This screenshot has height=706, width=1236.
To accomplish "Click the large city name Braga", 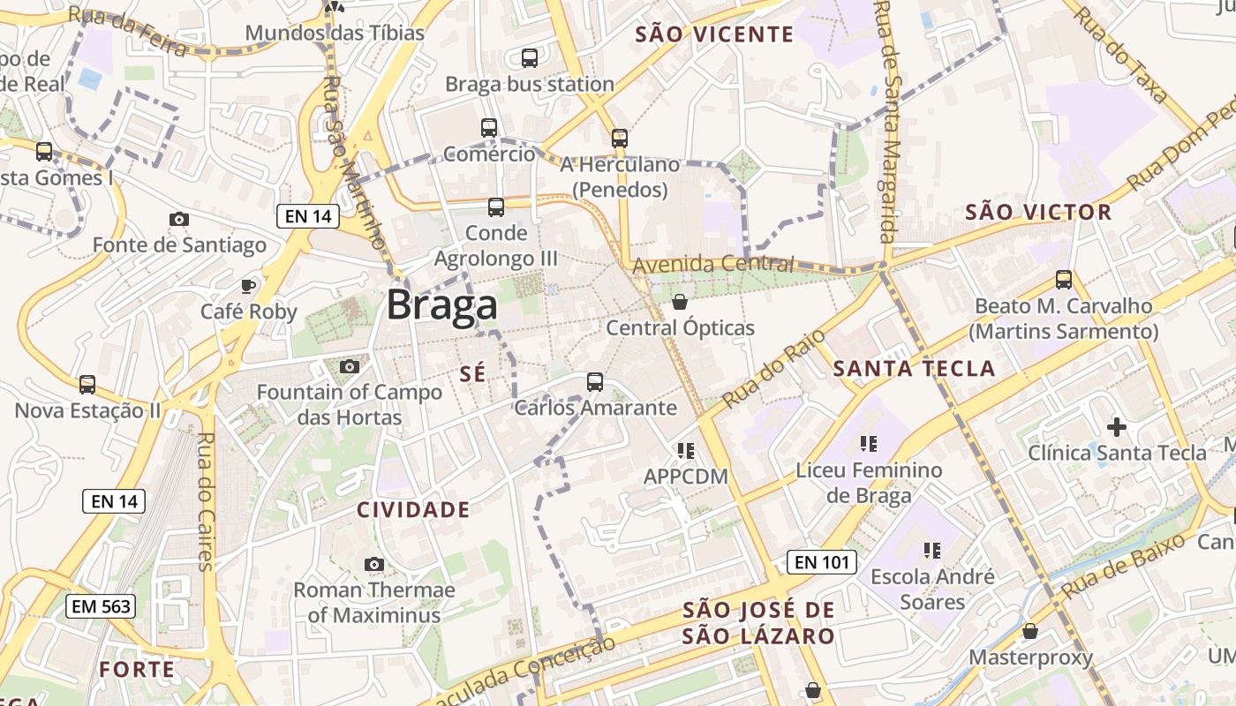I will click(441, 305).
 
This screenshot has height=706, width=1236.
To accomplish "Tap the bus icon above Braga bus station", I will click(530, 58).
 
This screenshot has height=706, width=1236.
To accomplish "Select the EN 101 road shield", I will click(821, 562).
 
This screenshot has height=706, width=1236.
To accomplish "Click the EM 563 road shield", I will click(102, 606).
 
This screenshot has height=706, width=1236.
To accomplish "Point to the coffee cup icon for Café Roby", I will click(248, 286).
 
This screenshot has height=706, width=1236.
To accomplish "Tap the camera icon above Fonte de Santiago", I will click(179, 219).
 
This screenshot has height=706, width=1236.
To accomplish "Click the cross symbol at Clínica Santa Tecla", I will click(1117, 427).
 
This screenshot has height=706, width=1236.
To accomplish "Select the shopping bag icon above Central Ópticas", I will click(680, 302).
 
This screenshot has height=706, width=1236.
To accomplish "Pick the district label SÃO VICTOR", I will click(1038, 212).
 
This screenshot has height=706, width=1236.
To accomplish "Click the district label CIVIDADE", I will click(413, 509).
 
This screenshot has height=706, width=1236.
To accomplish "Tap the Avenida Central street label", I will click(713, 264).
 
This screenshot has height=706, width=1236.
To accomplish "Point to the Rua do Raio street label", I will click(773, 368).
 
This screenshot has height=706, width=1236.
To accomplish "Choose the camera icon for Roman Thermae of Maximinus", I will click(374, 564).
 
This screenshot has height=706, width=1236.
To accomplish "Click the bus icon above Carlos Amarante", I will click(595, 382).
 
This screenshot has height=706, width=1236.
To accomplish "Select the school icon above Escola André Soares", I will click(932, 551).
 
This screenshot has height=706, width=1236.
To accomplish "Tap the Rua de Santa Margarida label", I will click(886, 124).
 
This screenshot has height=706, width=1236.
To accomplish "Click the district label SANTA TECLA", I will click(914, 368).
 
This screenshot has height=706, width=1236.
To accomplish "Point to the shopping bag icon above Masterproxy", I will click(1030, 631).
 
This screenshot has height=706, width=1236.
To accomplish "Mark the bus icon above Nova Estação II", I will click(87, 385).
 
